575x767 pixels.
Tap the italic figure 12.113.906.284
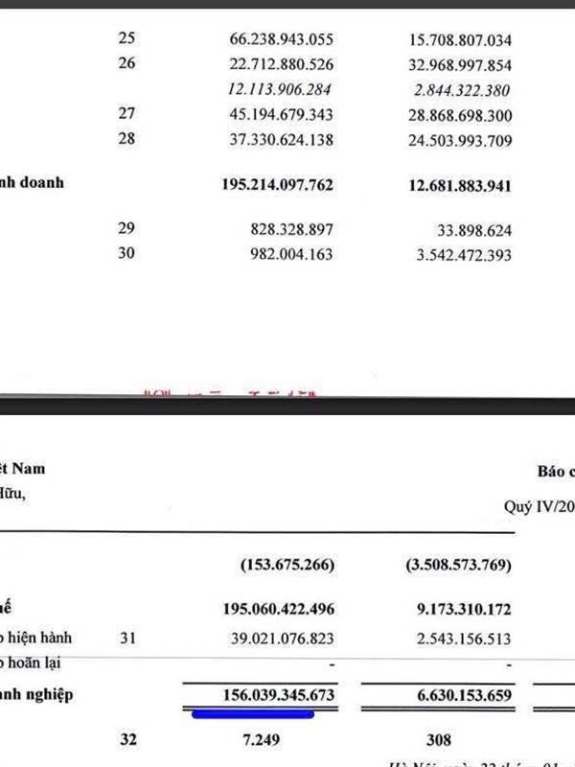point(277,91)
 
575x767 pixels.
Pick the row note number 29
point(127,229)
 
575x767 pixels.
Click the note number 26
point(127,65)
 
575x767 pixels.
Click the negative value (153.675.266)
point(287,566)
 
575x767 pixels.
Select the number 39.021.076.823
point(277,638)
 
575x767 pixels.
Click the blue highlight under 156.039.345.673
point(254,713)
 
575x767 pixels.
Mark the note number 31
point(127,638)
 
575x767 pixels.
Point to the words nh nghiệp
point(35,693)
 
